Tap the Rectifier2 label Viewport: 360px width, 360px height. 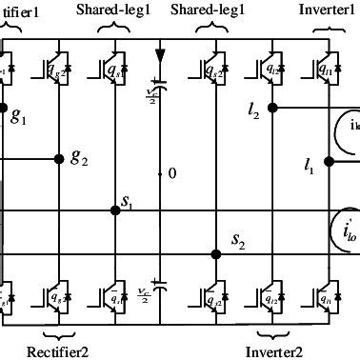pyautogui.click(x=60, y=351)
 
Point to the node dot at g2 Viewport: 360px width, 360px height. pyautogui.click(x=60, y=158)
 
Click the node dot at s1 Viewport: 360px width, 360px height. pyautogui.click(x=115, y=210)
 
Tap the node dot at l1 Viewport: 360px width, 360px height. pyautogui.click(x=328, y=161)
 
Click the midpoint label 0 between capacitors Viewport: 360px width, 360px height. pyautogui.click(x=171, y=174)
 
